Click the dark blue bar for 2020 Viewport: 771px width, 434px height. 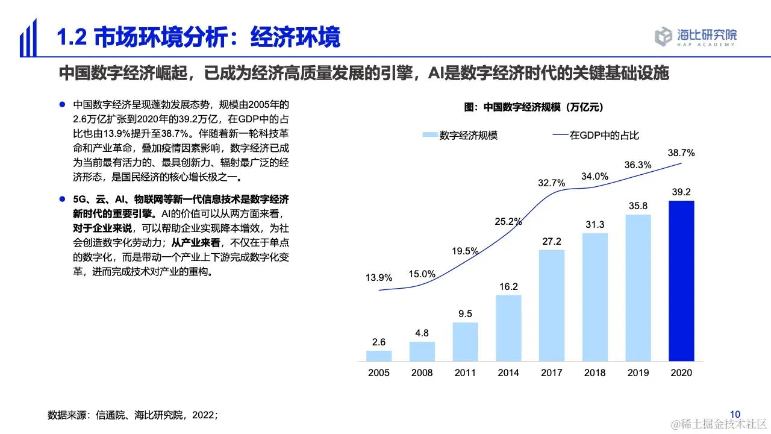pos(681,280)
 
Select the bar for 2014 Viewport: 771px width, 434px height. pos(509,327)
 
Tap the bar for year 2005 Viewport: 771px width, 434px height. pos(379,356)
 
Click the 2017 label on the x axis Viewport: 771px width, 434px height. pos(552,373)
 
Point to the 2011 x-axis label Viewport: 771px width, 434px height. pos(466,373)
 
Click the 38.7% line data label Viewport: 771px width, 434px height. pos(681,153)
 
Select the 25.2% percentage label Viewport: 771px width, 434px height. pos(508,221)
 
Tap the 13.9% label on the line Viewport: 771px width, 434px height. pos(379,278)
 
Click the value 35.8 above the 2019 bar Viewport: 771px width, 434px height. pos(638,206)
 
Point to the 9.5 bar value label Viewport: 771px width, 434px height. pos(466,313)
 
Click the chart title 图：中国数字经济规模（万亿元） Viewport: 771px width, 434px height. pos(534,107)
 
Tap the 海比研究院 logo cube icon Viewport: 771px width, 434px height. pos(663,36)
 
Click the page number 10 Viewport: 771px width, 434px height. pos(735,414)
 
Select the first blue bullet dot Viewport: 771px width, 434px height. pos(62,104)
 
